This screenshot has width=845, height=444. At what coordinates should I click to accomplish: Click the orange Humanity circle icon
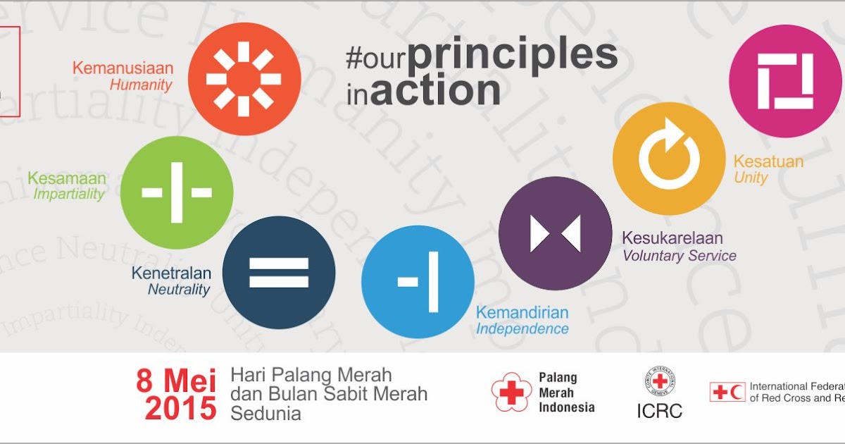[x=244, y=79]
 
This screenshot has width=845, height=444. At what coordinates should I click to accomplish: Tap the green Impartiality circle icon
[x=177, y=192]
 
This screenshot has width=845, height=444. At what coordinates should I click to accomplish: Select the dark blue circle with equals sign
[x=279, y=272]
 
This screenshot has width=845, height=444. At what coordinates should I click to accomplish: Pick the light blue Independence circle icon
[x=418, y=282]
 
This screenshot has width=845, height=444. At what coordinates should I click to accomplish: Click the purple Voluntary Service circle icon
[x=555, y=233]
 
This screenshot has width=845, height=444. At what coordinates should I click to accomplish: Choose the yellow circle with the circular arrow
[x=668, y=159]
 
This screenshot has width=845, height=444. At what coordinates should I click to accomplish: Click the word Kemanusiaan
[x=123, y=69]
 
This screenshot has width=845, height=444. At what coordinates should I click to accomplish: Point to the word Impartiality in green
[x=69, y=195]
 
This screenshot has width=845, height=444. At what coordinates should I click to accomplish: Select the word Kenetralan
[x=171, y=273]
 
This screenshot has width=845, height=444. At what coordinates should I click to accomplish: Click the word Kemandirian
[x=522, y=312]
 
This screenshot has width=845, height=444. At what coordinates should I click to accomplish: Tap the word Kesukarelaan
[x=672, y=238]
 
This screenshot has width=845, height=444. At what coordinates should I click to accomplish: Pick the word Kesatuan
[x=768, y=161]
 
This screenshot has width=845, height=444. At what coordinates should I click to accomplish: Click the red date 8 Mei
[x=176, y=381]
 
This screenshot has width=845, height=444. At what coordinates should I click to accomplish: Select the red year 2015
[x=181, y=408]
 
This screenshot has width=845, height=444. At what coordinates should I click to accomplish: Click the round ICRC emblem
[x=659, y=383]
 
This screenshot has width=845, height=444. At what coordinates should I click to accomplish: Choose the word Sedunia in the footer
[x=265, y=413]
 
